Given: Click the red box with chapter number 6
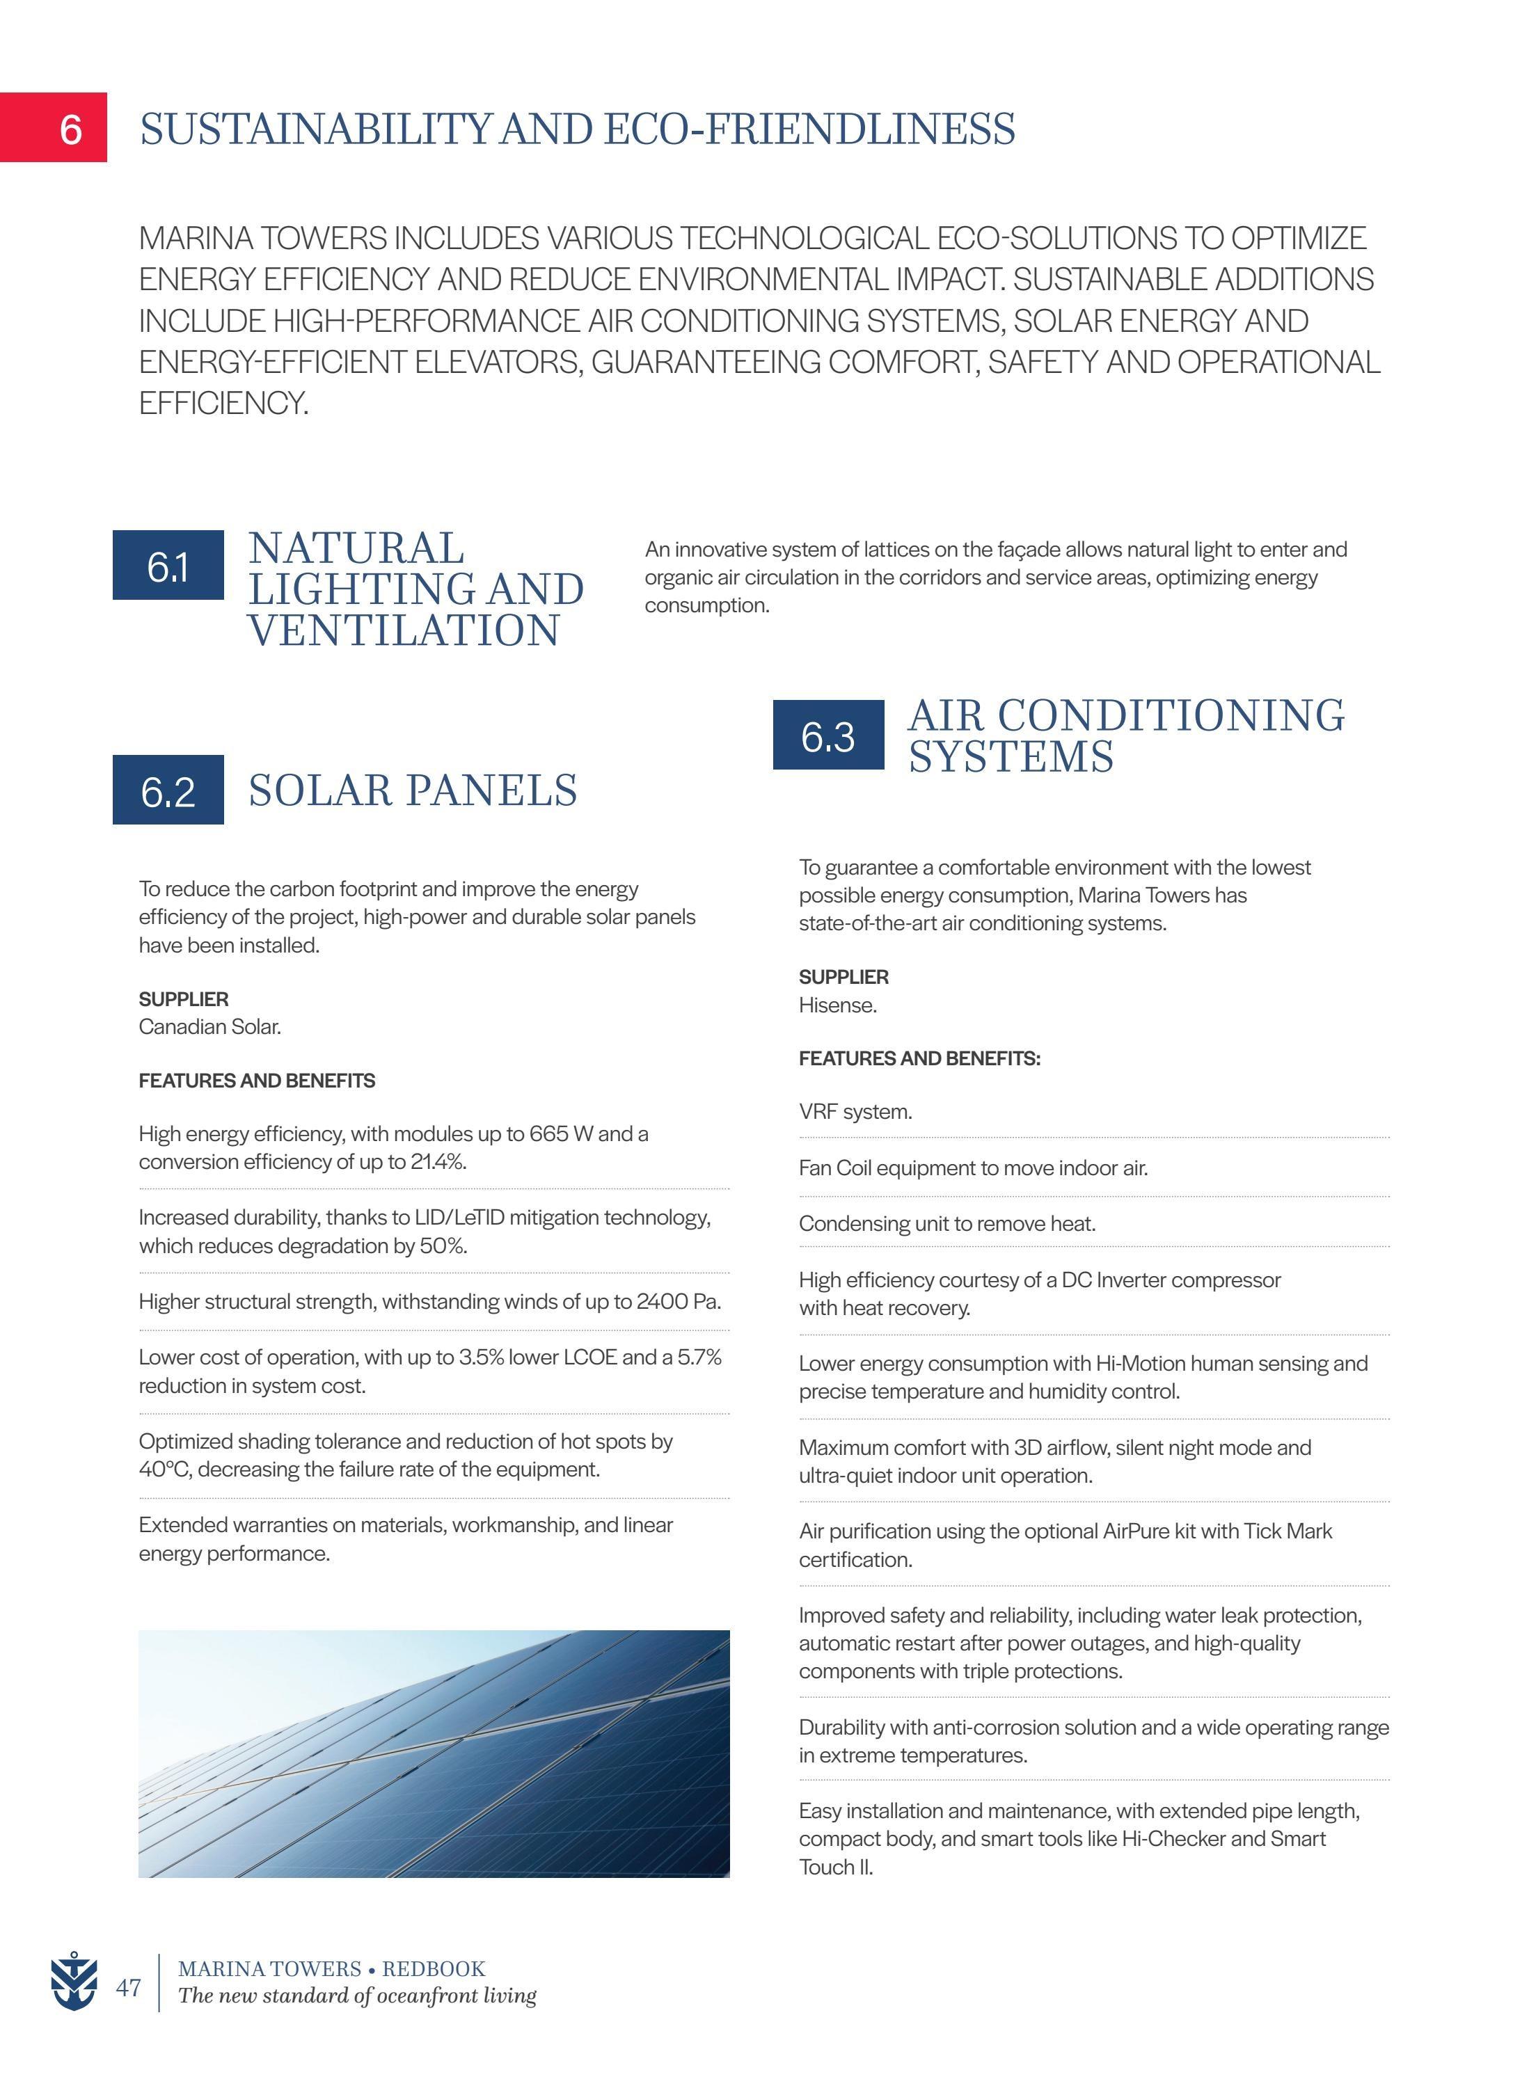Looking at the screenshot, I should tap(54, 128).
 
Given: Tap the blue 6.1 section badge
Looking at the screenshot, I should tap(168, 566).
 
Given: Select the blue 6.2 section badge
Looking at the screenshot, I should tap(168, 790).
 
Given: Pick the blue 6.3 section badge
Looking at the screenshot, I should tap(827, 735).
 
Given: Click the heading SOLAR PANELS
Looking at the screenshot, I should tap(413, 790).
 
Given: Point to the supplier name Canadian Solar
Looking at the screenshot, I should tap(209, 1026).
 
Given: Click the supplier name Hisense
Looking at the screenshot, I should tap(837, 1005).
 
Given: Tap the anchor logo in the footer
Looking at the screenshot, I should tap(73, 1982).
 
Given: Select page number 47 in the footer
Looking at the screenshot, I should tap(129, 1987).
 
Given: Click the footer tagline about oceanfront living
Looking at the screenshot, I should tap(357, 1996).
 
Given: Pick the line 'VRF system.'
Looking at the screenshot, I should tap(855, 1111).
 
